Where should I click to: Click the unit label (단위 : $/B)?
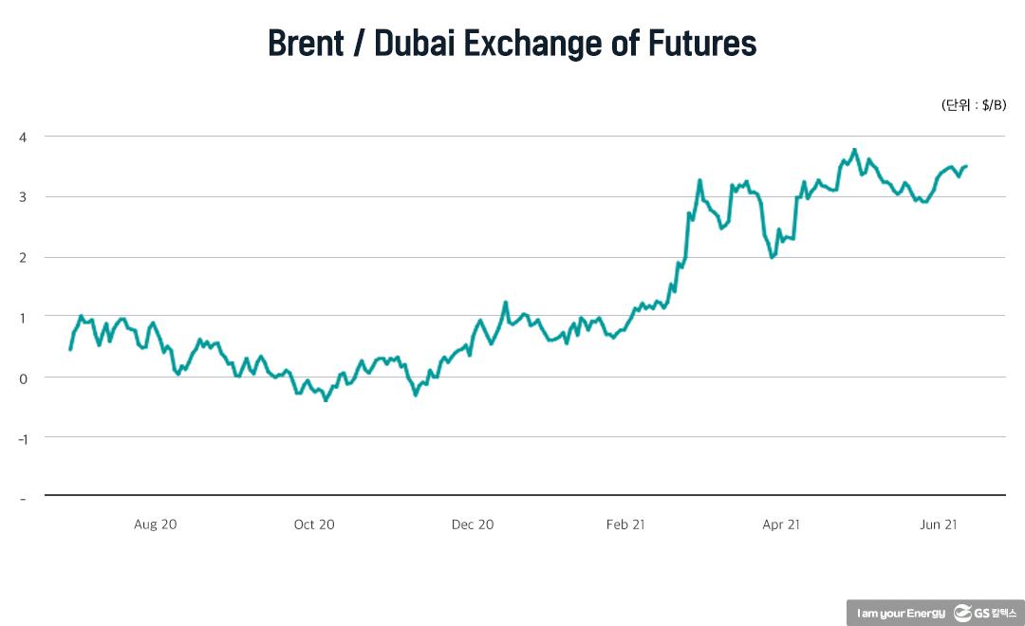pos(973,105)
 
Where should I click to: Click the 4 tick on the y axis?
pos(23,137)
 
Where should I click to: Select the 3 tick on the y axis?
pos(23,196)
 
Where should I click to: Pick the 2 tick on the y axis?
pos(23,257)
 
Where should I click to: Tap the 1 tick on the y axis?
pos(23,317)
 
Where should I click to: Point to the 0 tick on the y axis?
pos(23,377)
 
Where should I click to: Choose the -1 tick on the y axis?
pos(22,437)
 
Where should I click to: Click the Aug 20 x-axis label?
pos(156,525)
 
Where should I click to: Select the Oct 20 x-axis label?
pos(314,525)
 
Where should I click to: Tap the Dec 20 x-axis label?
pos(472,525)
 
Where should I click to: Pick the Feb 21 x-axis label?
pos(625,525)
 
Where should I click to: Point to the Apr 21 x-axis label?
pos(781,525)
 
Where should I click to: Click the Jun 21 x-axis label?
pos(938,525)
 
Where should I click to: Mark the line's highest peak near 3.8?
pos(855,150)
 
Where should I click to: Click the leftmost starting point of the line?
pos(70,349)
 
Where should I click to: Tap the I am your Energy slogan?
pos(900,614)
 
